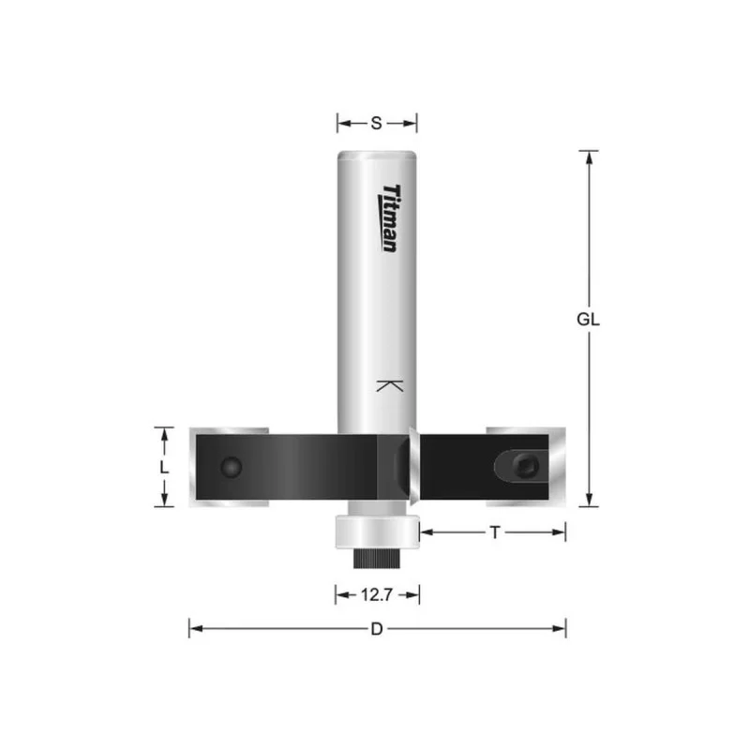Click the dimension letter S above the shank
coord(377,124)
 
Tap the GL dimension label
coord(588,319)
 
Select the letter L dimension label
coord(164,467)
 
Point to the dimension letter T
coord(495,532)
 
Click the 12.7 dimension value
coord(377,595)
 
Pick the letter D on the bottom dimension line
coord(377,629)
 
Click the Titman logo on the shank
coord(389,218)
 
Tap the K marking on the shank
coord(390,386)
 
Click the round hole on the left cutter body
coord(231,467)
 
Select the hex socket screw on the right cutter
coord(526,466)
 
